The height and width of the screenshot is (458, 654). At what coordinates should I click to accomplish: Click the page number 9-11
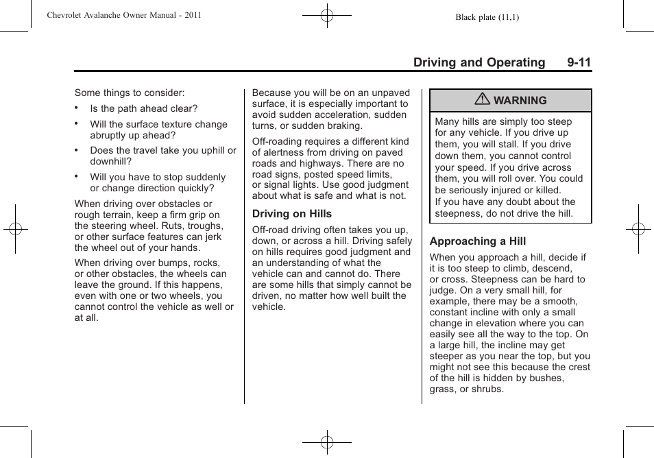click(x=579, y=62)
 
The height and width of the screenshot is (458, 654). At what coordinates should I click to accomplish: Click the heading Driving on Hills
click(x=291, y=214)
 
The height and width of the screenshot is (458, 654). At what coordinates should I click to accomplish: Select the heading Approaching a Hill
click(x=478, y=241)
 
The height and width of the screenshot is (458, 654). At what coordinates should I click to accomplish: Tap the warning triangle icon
click(x=483, y=100)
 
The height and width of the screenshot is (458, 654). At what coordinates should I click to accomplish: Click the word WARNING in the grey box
click(x=520, y=101)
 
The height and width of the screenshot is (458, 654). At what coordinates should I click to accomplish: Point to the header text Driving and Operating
click(x=479, y=62)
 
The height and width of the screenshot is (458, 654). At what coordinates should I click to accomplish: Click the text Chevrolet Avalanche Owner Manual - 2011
click(x=124, y=15)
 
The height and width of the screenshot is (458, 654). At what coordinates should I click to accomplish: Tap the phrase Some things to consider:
click(x=130, y=93)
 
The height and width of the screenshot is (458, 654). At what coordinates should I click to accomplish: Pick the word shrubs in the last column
click(x=487, y=389)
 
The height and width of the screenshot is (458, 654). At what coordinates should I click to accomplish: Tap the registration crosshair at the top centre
click(x=327, y=14)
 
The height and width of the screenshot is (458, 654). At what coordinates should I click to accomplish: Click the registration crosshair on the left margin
click(x=15, y=228)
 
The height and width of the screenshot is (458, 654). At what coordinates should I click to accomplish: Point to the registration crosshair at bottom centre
click(x=327, y=442)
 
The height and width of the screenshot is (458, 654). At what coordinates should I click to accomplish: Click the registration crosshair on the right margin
click(x=638, y=228)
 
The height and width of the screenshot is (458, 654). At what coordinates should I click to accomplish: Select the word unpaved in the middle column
click(x=391, y=93)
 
